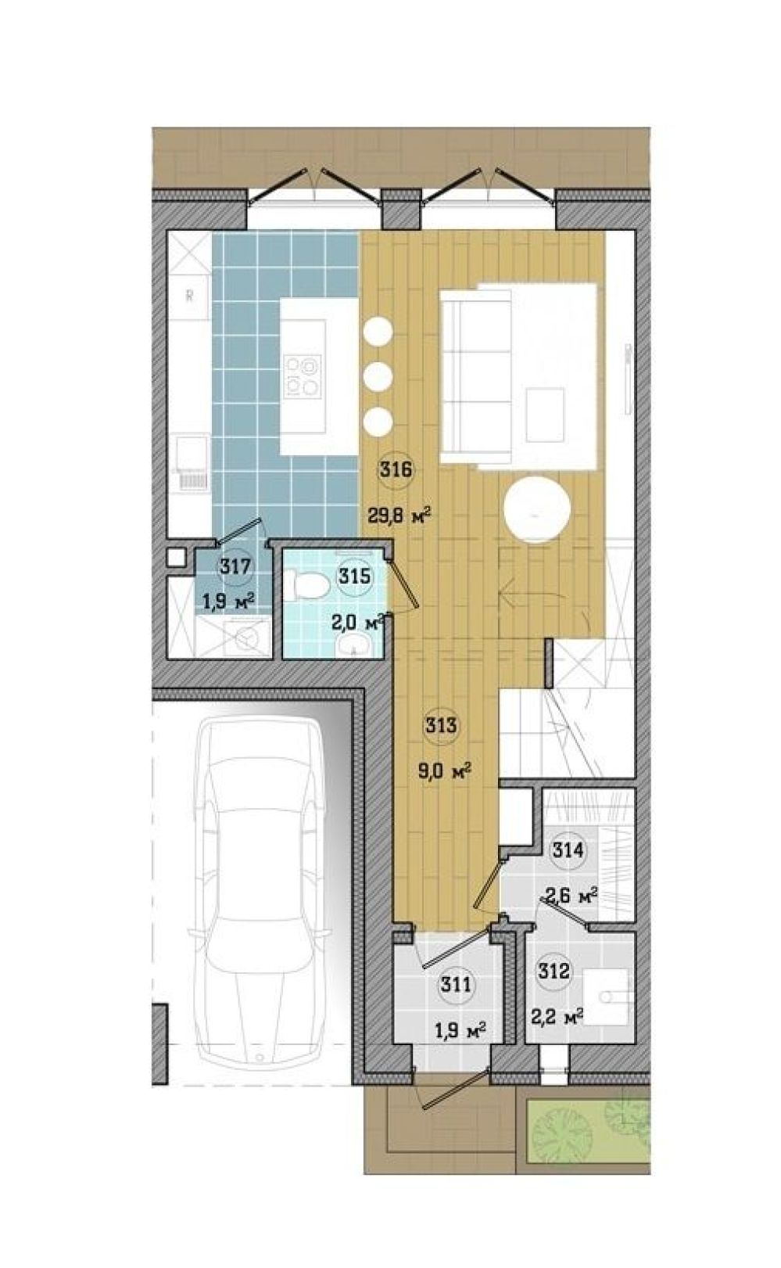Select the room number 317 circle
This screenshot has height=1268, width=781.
pos(235,566)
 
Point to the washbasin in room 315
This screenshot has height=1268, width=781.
pos(353,643)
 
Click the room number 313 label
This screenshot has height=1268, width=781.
pos(442,725)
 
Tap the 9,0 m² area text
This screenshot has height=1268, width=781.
pos(444,771)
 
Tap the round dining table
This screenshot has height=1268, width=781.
pos(537,511)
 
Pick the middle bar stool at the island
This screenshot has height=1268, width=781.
pos(378,376)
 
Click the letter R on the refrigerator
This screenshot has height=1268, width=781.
pos(190,296)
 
